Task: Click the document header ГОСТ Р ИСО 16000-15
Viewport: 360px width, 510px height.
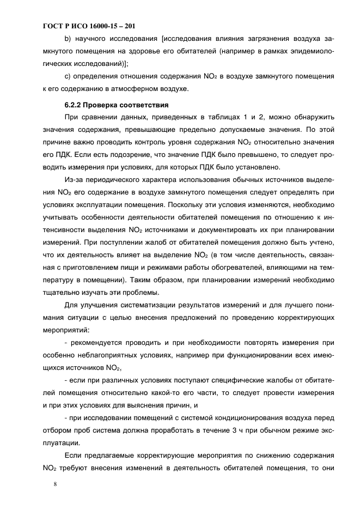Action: pyautogui.click(x=87, y=26)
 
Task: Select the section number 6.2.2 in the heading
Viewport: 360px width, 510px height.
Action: pyautogui.click(x=75, y=105)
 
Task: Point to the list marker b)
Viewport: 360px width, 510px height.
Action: pyautogui.click(x=68, y=39)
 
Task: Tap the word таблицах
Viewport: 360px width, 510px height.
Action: pyautogui.click(x=184, y=117)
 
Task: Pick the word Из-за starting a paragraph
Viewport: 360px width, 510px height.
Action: pyautogui.click(x=74, y=180)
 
